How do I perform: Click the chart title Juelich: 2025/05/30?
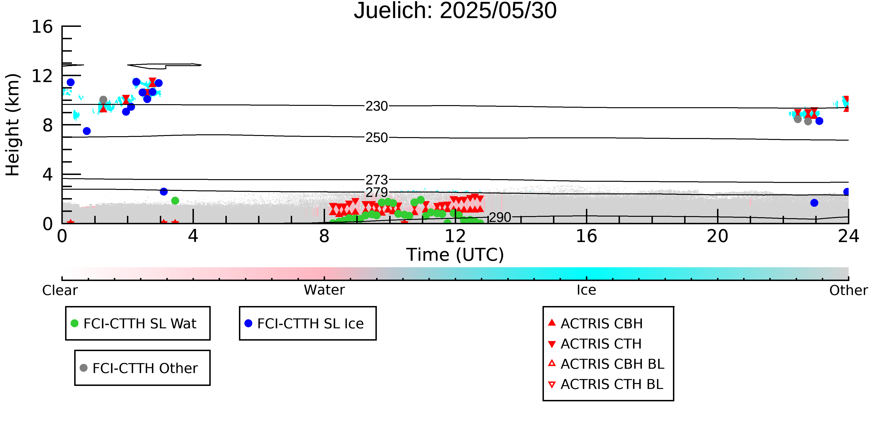pyautogui.click(x=455, y=11)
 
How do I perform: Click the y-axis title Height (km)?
pyautogui.click(x=13, y=125)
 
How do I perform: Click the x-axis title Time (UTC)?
pyautogui.click(x=455, y=255)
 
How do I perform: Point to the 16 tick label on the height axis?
pyautogui.click(x=42, y=27)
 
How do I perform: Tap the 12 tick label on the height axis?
pyautogui.click(x=42, y=76)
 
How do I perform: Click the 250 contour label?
pyautogui.click(x=377, y=138)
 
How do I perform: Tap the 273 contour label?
pyautogui.click(x=377, y=180)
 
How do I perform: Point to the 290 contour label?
pyautogui.click(x=500, y=217)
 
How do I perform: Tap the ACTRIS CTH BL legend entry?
pyautogui.click(x=606, y=384)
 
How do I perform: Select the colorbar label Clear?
pyautogui.click(x=60, y=290)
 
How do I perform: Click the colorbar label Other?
pyautogui.click(x=848, y=290)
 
